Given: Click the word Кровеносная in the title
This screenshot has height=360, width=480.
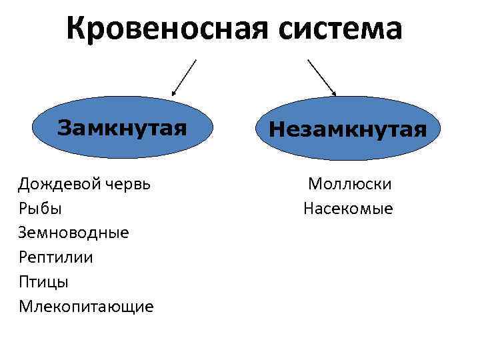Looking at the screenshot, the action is [171, 29].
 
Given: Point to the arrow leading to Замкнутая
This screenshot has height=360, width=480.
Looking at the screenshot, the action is [184, 77].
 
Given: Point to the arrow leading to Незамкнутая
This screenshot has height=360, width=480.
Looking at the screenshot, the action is [321, 77].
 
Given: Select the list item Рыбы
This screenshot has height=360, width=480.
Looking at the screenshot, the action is [41, 208].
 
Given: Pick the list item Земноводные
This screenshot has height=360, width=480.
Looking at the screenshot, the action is [74, 233].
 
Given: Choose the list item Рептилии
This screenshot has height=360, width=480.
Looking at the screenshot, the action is [56, 257].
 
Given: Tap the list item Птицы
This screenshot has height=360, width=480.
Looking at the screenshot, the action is [43, 282].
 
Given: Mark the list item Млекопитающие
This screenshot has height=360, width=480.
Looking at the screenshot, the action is [86, 307].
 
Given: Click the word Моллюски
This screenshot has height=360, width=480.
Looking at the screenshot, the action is [349, 183].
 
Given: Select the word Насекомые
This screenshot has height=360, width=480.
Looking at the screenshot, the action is [348, 209].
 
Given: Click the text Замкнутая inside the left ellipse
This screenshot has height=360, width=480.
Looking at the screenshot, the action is [122, 127].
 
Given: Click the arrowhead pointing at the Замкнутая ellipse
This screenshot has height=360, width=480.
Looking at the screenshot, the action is [173, 93].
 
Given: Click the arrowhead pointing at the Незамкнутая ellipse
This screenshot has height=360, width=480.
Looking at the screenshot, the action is [333, 93].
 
